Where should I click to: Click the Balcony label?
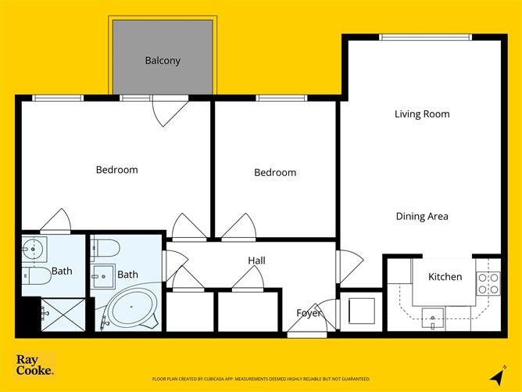(x=163, y=60)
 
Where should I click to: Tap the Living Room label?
(x=422, y=114)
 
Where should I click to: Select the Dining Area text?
(x=422, y=217)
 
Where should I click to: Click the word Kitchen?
(x=445, y=277)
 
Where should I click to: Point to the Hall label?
(x=256, y=261)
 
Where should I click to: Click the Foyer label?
(x=309, y=313)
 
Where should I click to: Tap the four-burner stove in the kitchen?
(x=488, y=283)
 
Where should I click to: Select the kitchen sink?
(x=431, y=317)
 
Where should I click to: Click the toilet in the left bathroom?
(x=34, y=275)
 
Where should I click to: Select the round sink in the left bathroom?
(x=34, y=250)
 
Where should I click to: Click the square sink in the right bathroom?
(x=101, y=275)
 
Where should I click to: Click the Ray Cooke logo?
(x=35, y=365)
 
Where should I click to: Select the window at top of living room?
(x=425, y=37)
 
